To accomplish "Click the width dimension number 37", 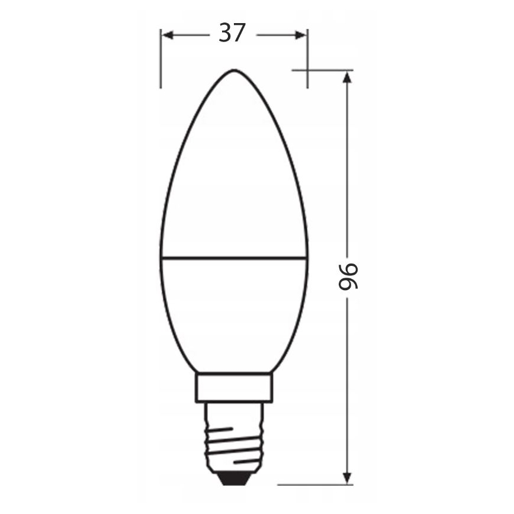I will click(x=232, y=33).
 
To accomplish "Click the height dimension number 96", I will click(x=348, y=277).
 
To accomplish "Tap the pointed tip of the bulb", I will click(x=233, y=71).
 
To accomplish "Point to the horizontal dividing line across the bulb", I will click(x=234, y=258).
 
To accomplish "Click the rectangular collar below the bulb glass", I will click(x=234, y=387).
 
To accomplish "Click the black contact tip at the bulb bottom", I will click(x=233, y=476).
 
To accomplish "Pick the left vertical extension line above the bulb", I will click(x=160, y=59).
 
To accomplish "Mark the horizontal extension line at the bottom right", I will click(x=314, y=484).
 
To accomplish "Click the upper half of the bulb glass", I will click(x=234, y=178).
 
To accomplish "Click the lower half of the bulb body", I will click(x=234, y=314).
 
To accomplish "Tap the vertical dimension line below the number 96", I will click(x=347, y=385).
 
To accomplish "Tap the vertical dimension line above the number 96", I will click(x=347, y=166).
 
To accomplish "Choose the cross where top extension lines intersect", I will click(x=307, y=70).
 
